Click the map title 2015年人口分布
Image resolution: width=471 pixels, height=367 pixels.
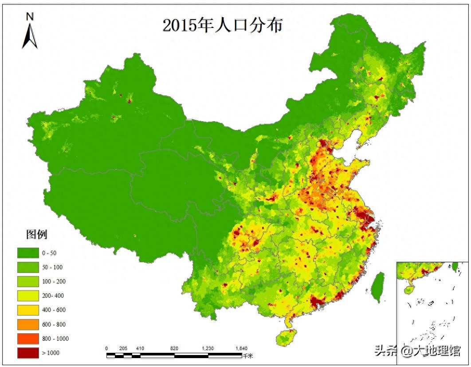point(222,25)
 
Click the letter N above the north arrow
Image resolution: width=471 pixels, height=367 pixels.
point(30,17)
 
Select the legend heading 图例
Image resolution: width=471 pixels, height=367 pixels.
point(36,234)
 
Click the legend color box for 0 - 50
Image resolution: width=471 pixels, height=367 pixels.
point(27,253)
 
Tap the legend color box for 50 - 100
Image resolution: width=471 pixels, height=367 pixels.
point(27,267)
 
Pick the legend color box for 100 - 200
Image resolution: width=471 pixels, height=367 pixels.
point(27,281)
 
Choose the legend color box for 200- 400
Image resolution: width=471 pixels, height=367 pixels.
point(27,296)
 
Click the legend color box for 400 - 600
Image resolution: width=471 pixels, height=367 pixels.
point(27,310)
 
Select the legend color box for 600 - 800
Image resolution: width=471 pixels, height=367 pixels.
point(27,324)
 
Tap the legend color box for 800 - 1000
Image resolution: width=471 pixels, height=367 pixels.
point(27,338)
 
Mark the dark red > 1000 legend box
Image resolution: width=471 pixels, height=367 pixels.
point(27,352)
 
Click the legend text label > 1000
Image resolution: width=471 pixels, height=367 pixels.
point(51,352)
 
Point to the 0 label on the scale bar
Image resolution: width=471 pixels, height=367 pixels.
point(106,348)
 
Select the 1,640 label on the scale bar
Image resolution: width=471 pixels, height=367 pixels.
point(241,348)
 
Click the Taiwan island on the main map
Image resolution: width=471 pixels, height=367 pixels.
point(378,287)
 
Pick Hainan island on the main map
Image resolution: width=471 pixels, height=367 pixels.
point(285,338)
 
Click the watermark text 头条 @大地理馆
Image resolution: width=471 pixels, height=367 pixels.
point(417,351)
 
